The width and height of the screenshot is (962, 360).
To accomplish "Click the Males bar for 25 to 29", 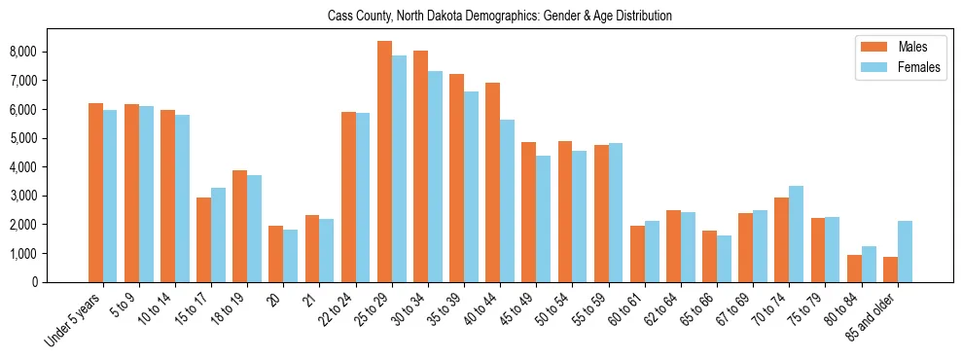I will pyautogui.click(x=384, y=162).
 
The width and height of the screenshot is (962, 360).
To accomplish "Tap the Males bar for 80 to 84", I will pyautogui.click(x=854, y=269).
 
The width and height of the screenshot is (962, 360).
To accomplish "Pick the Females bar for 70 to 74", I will pyautogui.click(x=796, y=234).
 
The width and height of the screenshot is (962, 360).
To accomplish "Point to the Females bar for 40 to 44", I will pyautogui.click(x=507, y=200).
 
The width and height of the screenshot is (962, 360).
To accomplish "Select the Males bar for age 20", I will pyautogui.click(x=275, y=254).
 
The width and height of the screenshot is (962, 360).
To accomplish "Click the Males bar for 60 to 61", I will pyautogui.click(x=637, y=254).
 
